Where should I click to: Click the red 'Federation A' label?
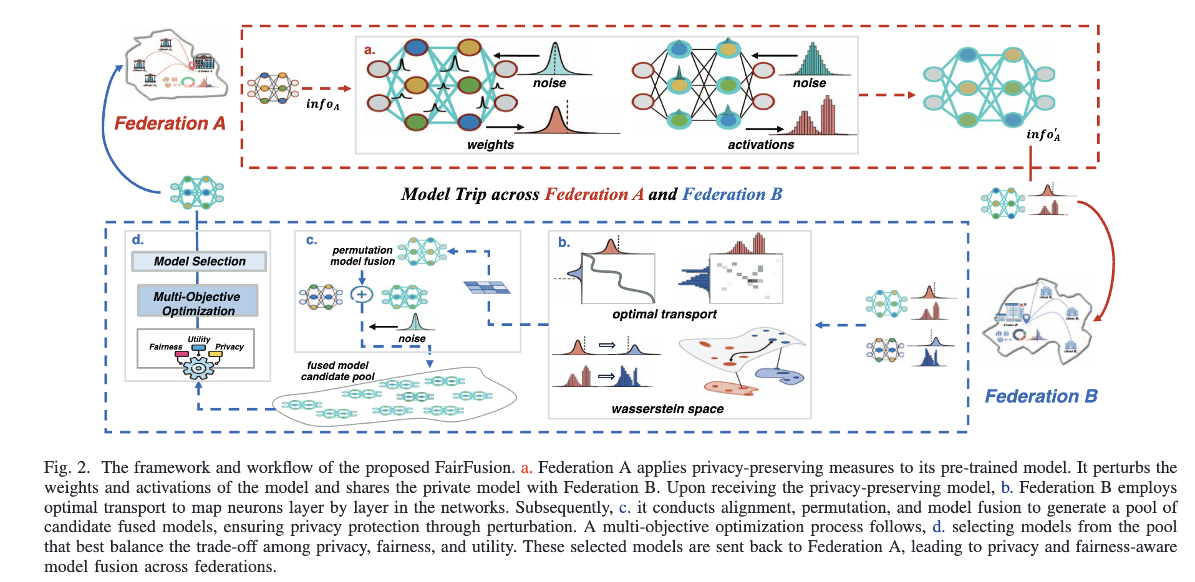[170, 123]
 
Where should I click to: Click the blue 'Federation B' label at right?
[1040, 396]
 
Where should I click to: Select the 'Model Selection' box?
[199, 261]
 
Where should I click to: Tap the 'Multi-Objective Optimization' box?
[197, 303]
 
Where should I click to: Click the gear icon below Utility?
[198, 368]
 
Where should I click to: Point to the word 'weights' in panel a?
[490, 145]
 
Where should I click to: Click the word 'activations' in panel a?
[760, 145]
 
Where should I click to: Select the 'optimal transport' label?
[664, 314]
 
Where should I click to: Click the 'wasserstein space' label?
[667, 409]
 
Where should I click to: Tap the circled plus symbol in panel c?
[362, 295]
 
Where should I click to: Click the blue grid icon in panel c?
[486, 287]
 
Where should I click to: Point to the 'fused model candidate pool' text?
[337, 371]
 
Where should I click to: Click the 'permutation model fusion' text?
[362, 255]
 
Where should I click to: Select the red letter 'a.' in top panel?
[369, 50]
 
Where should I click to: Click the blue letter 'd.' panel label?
[138, 240]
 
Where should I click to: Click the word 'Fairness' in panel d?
[165, 346]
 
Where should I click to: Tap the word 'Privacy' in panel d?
[229, 346]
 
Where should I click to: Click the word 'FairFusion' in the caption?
[473, 467]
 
